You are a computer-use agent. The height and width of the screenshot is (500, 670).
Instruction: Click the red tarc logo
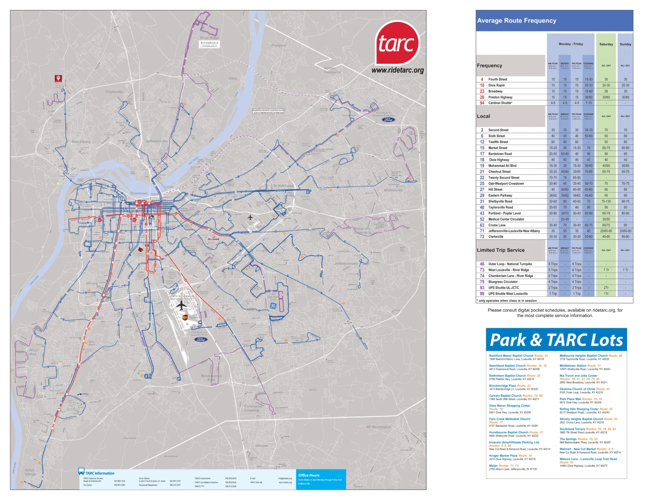[397, 43]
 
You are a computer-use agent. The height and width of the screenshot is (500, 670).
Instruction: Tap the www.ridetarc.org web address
[398, 71]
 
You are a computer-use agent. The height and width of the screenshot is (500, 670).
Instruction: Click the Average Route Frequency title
[516, 21]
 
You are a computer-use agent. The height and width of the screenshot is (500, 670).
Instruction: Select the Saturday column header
[606, 44]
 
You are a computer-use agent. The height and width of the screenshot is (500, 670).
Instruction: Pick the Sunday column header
[625, 44]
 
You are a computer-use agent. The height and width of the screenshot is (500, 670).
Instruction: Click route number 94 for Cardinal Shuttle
[482, 103]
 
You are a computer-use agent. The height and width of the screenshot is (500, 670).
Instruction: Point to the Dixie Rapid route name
[496, 86]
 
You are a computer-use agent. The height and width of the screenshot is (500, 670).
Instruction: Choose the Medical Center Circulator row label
[506, 219]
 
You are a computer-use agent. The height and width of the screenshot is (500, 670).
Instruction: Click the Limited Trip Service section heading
[501, 250]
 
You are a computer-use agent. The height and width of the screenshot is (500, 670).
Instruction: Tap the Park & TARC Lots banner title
[556, 340]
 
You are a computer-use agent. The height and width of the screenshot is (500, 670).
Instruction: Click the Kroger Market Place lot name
[503, 455]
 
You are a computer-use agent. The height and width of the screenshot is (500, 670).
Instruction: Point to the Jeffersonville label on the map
[157, 141]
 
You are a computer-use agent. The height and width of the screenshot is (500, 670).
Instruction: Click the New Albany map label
[81, 141]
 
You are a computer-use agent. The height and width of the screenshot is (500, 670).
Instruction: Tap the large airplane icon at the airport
[181, 305]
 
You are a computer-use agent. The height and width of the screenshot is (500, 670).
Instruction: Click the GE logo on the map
[273, 306]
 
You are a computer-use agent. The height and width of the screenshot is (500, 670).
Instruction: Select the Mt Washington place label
[378, 427]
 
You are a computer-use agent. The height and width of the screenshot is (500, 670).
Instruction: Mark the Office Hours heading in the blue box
[309, 475]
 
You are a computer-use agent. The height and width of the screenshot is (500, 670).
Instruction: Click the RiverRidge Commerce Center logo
[209, 43]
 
